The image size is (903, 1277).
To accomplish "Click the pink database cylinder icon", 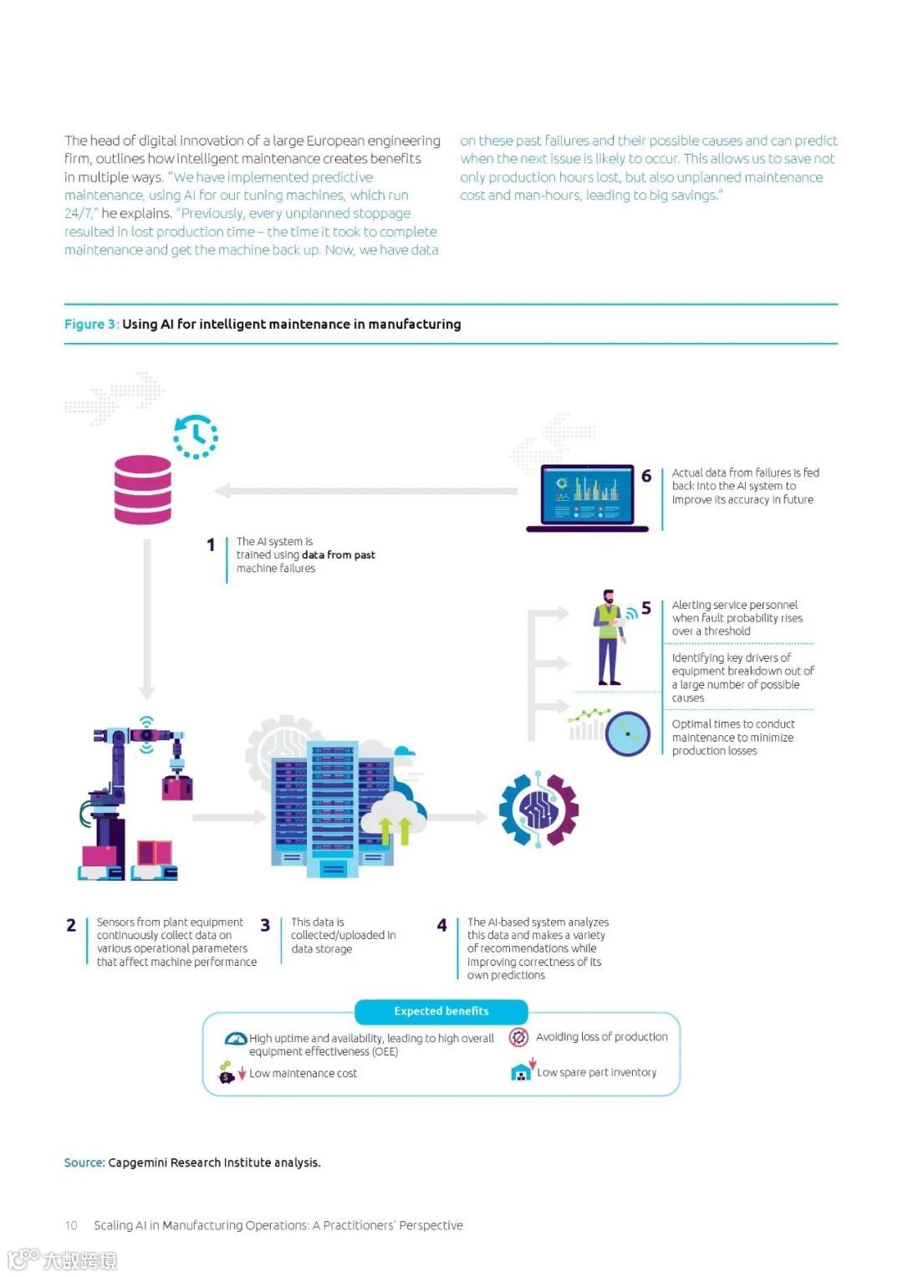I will tap(142, 489).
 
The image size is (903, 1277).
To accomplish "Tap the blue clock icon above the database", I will tap(196, 437).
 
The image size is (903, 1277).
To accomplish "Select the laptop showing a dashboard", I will tap(588, 498).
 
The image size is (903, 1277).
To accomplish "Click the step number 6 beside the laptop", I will tap(646, 476).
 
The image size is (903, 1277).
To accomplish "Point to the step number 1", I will tap(211, 545).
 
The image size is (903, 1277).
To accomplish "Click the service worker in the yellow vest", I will tap(610, 637).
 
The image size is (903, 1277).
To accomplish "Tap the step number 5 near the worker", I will tap(646, 608).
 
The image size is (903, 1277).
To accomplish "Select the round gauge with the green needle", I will tap(628, 733).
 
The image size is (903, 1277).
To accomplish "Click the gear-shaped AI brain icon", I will tap(538, 810).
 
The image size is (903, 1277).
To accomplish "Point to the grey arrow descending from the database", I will tap(147, 619).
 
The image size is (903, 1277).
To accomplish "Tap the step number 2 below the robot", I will tap(71, 925).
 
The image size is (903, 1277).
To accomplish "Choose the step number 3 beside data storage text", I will tap(265, 925).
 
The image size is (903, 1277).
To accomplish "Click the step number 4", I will tap(441, 925).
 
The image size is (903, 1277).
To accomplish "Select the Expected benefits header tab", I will tap(441, 1011).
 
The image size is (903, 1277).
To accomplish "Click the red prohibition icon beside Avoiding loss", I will tap(518, 1038).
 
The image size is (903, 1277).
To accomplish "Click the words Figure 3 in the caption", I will tap(90, 324).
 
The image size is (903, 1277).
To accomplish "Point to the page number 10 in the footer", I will tap(71, 1225).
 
